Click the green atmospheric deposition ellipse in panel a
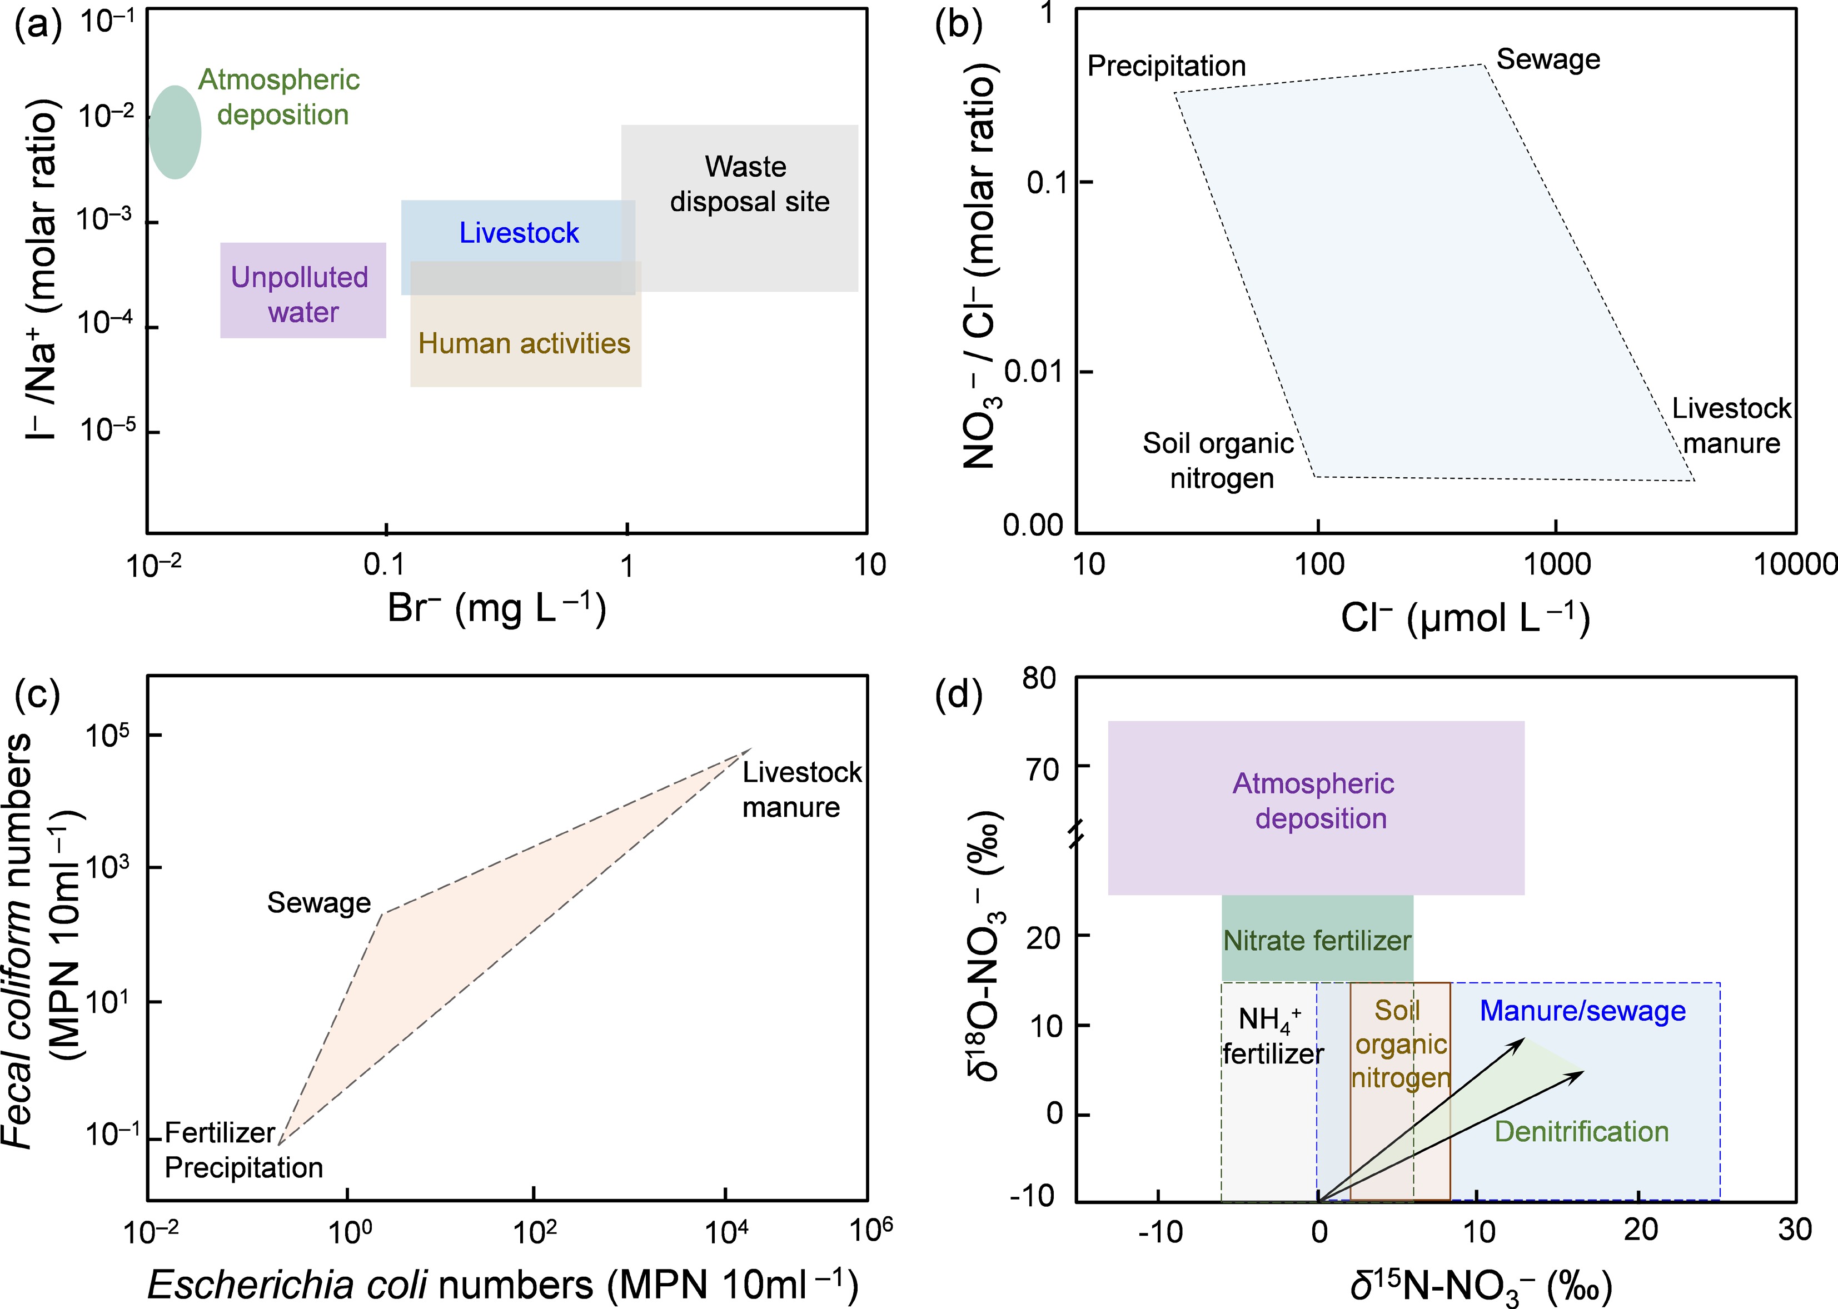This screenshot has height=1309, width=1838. (x=175, y=132)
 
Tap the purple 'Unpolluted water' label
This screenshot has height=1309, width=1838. (x=300, y=294)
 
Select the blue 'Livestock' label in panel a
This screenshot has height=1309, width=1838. (x=519, y=233)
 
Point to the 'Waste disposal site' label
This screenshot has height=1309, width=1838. (x=749, y=184)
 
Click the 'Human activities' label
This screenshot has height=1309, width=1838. (x=524, y=343)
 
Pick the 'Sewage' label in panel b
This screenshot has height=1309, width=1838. (x=1548, y=59)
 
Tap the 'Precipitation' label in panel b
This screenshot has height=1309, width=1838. (x=1167, y=66)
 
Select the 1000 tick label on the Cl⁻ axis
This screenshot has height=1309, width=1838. (x=1557, y=564)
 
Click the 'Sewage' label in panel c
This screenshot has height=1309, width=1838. (x=319, y=903)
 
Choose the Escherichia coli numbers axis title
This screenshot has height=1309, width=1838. (x=502, y=1283)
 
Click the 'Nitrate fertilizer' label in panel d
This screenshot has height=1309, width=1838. (x=1317, y=941)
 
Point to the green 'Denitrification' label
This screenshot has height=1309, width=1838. (x=1582, y=1132)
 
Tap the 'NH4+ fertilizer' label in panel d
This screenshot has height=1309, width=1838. (x=1273, y=1037)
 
